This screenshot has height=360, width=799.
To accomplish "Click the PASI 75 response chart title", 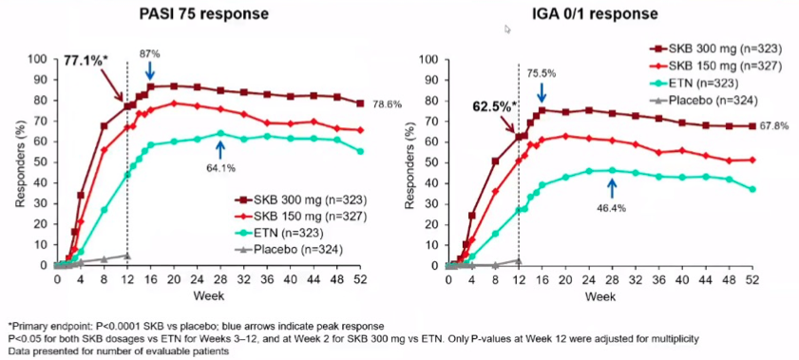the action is (x=204, y=15).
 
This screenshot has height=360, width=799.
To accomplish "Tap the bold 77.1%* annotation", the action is (x=86, y=60).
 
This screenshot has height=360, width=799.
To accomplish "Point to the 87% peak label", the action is (x=150, y=52).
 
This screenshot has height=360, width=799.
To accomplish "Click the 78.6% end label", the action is (x=388, y=104).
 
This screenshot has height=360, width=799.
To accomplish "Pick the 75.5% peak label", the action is (x=542, y=73).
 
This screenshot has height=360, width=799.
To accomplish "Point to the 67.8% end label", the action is (x=774, y=125).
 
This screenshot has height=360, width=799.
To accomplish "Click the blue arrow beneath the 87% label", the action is (x=150, y=70).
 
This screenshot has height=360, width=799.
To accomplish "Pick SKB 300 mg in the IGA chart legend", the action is (x=715, y=48).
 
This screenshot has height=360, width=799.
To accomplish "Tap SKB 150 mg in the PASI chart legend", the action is (x=300, y=217).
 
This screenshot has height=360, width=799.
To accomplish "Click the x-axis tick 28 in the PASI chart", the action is (x=220, y=279).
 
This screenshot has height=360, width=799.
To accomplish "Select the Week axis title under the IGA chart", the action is (x=599, y=295).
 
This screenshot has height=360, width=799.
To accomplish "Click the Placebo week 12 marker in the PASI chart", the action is (x=127, y=256).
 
